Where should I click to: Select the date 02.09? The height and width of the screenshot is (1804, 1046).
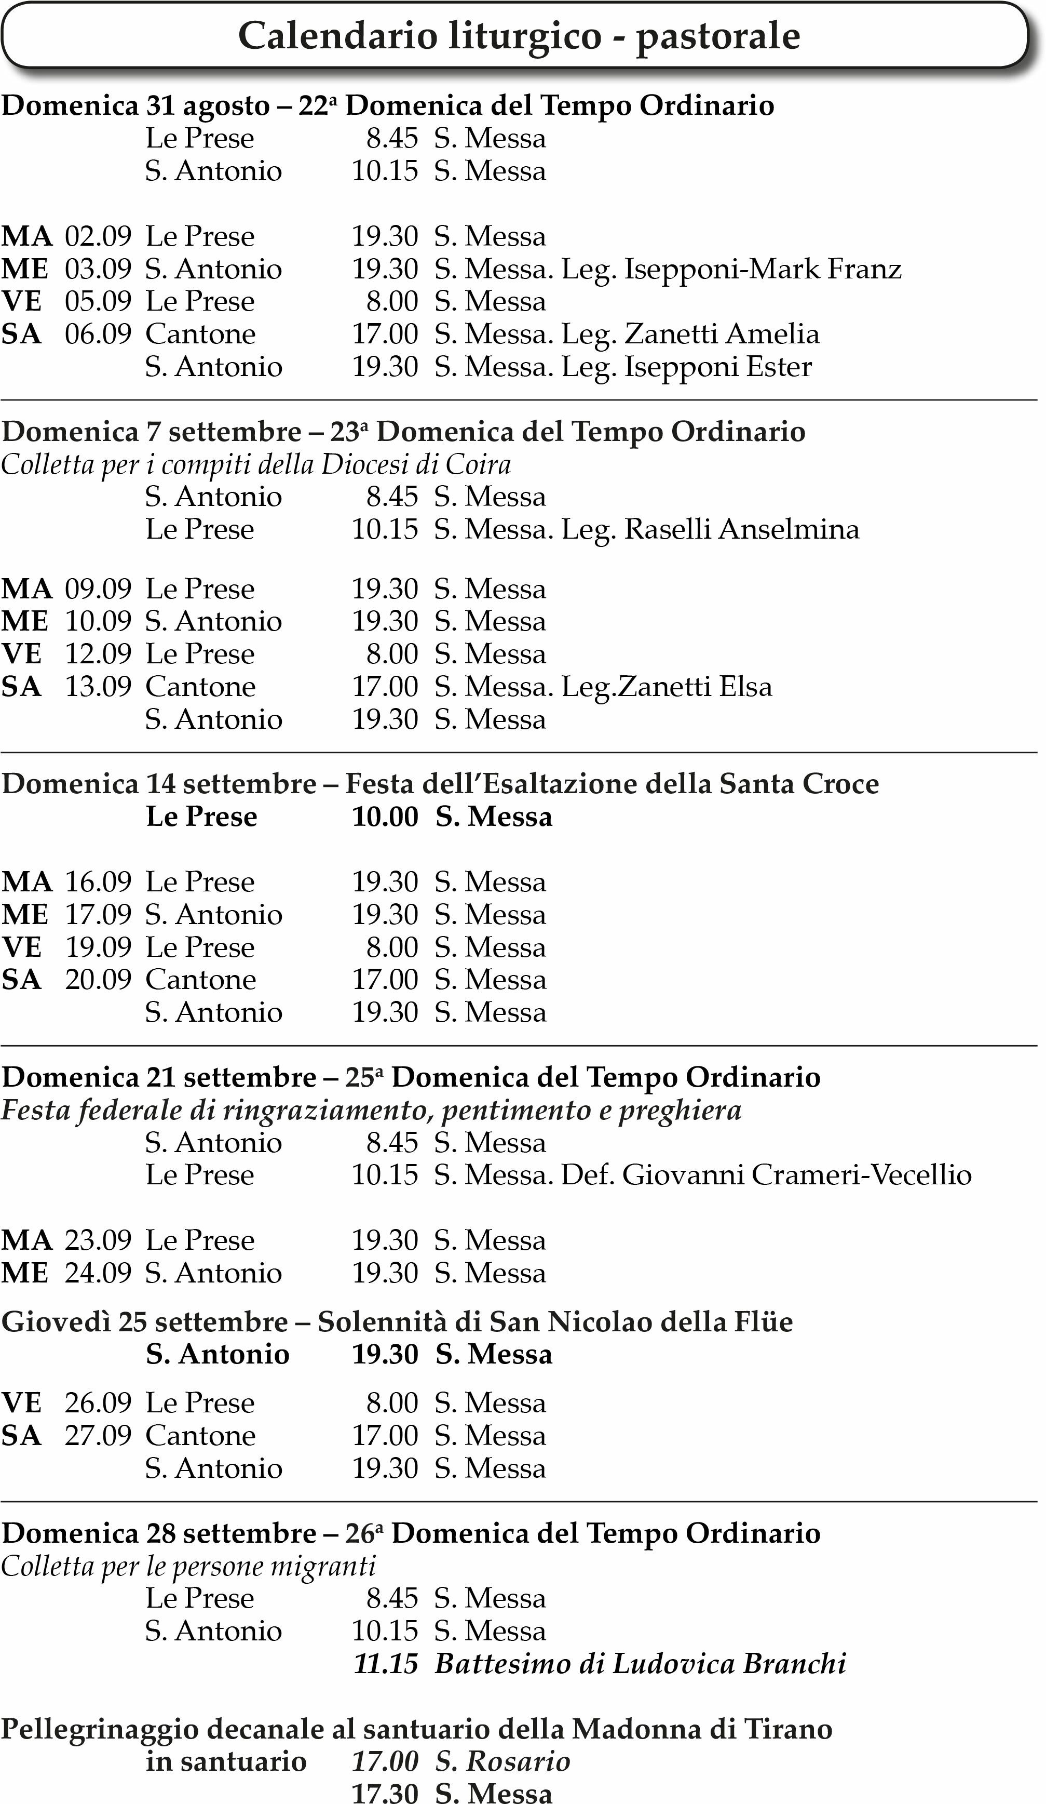click(x=98, y=236)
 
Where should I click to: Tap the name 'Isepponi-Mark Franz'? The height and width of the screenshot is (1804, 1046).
click(x=763, y=269)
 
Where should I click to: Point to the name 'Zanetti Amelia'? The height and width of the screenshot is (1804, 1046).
click(x=721, y=335)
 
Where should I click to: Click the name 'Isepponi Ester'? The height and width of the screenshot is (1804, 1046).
click(x=717, y=367)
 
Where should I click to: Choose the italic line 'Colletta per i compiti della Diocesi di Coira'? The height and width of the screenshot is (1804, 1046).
click(x=255, y=465)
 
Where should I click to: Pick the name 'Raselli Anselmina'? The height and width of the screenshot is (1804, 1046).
click(x=741, y=530)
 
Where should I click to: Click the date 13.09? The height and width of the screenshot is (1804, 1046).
click(x=98, y=687)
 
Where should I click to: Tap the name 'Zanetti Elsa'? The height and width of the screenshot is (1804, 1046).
click(x=695, y=687)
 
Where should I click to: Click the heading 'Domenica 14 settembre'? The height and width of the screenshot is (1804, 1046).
click(x=159, y=784)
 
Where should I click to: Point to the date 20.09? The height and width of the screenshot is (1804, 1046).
click(x=98, y=980)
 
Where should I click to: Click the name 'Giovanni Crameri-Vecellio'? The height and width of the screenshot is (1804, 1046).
click(x=796, y=1175)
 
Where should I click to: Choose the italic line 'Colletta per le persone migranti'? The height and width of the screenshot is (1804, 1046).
click(x=188, y=1566)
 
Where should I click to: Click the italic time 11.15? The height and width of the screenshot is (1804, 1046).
click(x=385, y=1664)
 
